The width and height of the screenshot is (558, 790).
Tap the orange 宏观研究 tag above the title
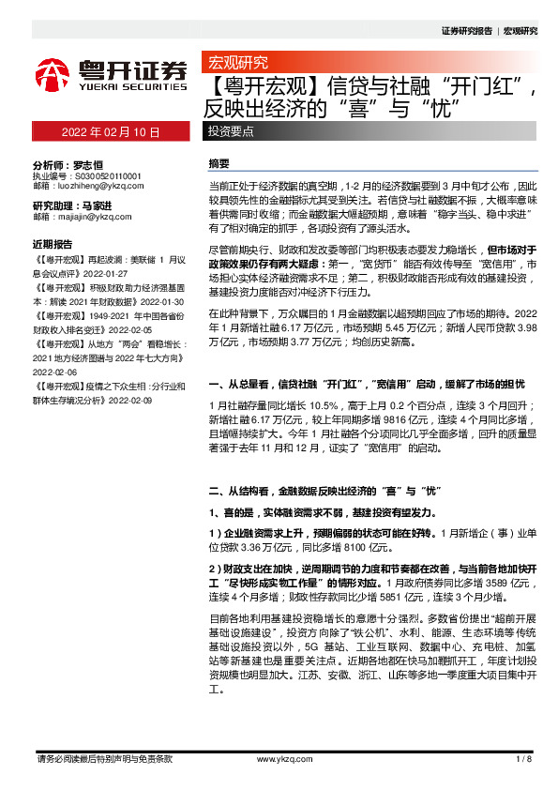235,64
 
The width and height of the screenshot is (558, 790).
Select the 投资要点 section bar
231,131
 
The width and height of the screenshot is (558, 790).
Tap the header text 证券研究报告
466,31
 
